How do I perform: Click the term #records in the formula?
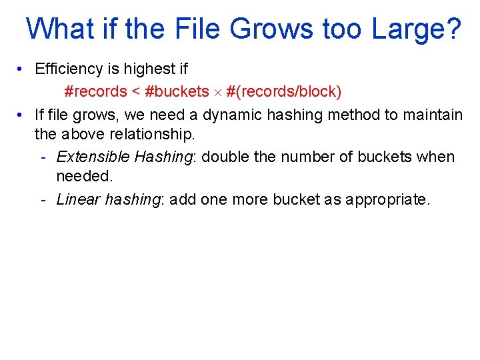pos(95,91)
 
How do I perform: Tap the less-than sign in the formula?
pos(135,91)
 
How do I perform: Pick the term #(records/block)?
pos(284,91)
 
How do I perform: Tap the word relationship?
pos(149,134)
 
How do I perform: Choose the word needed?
pos(83,176)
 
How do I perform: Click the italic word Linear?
pos(79,199)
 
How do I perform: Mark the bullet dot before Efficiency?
pos(21,69)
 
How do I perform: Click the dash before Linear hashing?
pos(43,199)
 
